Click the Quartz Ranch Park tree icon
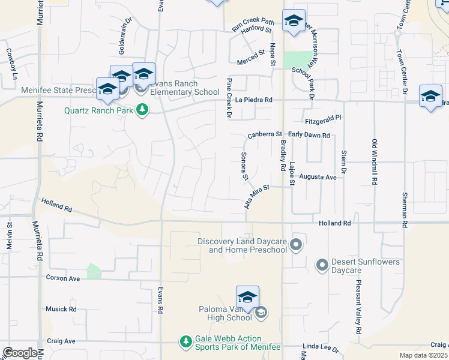point(142,110)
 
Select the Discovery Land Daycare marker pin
point(295,244)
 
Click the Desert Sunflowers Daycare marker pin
point(322,264)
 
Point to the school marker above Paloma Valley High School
point(247,298)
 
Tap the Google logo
point(20,353)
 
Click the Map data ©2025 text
point(423,355)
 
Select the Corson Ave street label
point(63,278)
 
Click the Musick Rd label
point(61,309)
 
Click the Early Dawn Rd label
point(309,135)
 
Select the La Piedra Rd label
point(254,100)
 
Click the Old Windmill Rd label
point(375,161)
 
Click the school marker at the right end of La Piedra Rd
point(430,97)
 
